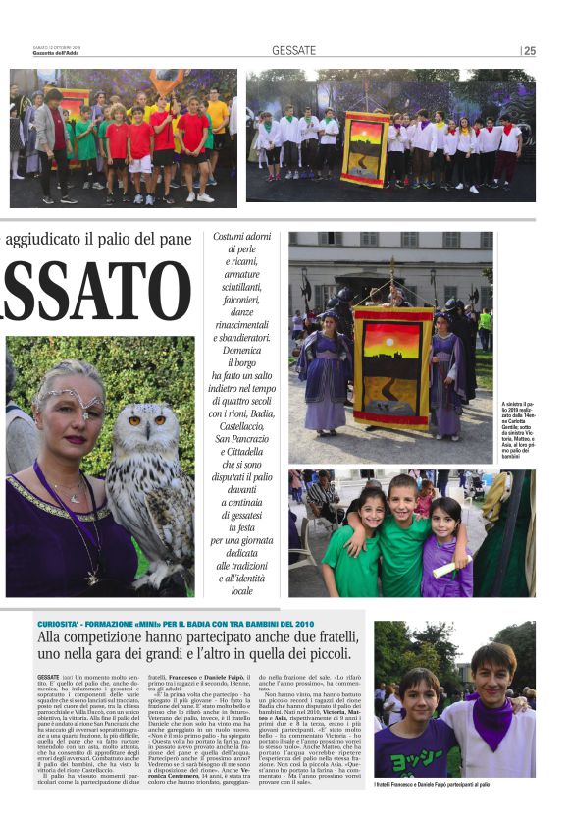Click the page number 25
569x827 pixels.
point(530,51)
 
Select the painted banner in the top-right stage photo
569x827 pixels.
point(365,148)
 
